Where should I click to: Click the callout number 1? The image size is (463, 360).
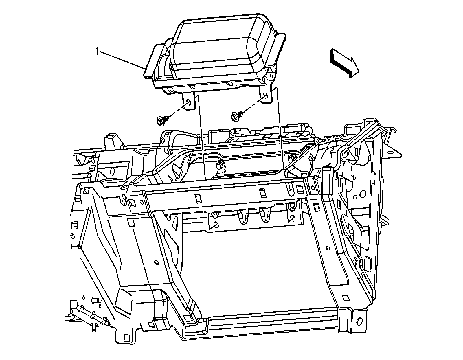tap(98, 52)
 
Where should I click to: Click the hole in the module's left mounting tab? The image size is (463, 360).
tap(188, 102)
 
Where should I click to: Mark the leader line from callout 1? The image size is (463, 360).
tap(122, 60)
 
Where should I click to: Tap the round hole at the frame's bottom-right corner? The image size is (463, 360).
tap(359, 321)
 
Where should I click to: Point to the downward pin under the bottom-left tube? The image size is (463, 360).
tap(94, 327)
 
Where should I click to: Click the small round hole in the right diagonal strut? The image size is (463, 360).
tap(327, 248)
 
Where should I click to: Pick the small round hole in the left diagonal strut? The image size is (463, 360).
tap(156, 262)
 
